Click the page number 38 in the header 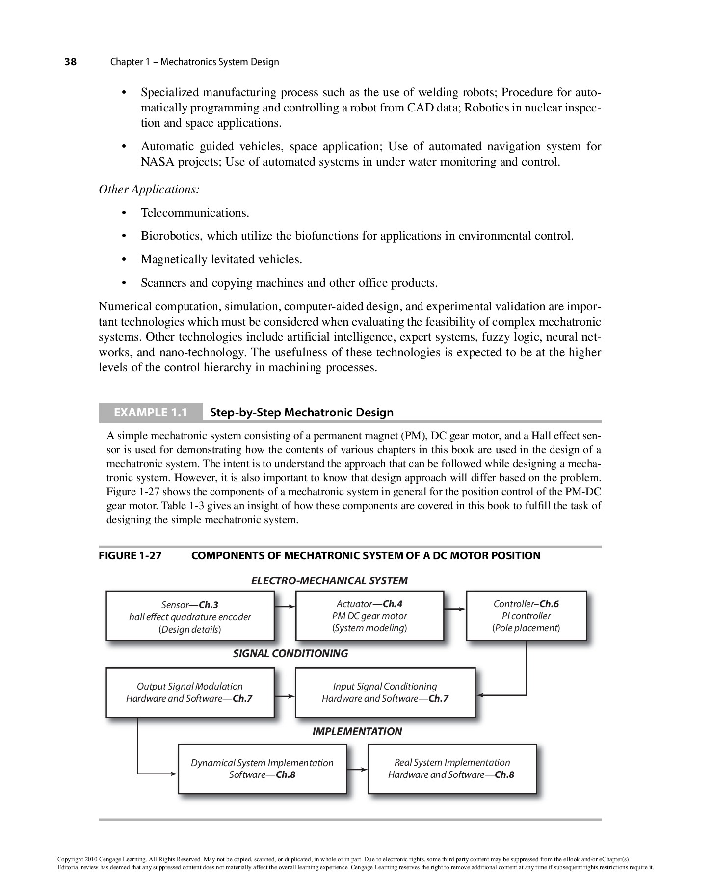(x=71, y=62)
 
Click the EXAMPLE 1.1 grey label (x=151, y=412)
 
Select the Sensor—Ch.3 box (x=190, y=616)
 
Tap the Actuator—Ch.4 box (x=369, y=616)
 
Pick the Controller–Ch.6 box (x=526, y=616)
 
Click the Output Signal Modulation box (x=190, y=692)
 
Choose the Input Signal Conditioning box (x=385, y=692)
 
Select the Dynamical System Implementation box (x=262, y=769)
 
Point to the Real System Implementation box (x=452, y=769)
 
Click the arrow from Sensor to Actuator (x=285, y=607)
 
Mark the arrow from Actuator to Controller (x=455, y=609)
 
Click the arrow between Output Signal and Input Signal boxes (x=285, y=696)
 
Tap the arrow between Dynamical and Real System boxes (x=357, y=769)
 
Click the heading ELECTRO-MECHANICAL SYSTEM (x=329, y=580)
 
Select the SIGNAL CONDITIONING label (x=290, y=653)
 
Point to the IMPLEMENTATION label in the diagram (x=357, y=731)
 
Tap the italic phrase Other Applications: (x=149, y=189)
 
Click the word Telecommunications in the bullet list (x=194, y=213)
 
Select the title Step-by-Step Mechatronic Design (x=302, y=412)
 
